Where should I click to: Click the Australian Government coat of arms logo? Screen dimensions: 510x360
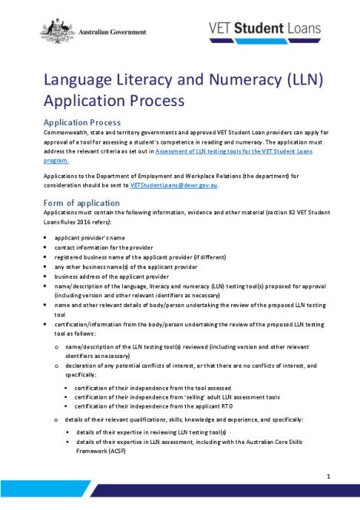[x=54, y=30]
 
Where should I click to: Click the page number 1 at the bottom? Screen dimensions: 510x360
[x=329, y=477]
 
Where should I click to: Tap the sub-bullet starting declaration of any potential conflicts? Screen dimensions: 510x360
[x=184, y=365]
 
